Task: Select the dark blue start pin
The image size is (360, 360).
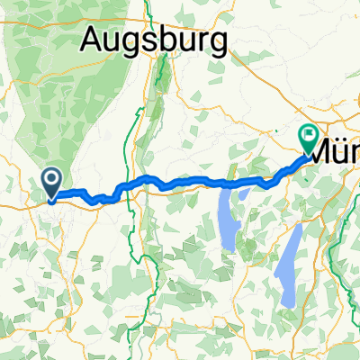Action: (x=52, y=182)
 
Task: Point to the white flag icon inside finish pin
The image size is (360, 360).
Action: (x=310, y=136)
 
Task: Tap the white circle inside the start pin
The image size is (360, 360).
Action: (x=52, y=180)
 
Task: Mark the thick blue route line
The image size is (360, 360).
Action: (x=198, y=184)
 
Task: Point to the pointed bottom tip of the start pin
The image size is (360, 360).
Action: (x=52, y=199)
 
